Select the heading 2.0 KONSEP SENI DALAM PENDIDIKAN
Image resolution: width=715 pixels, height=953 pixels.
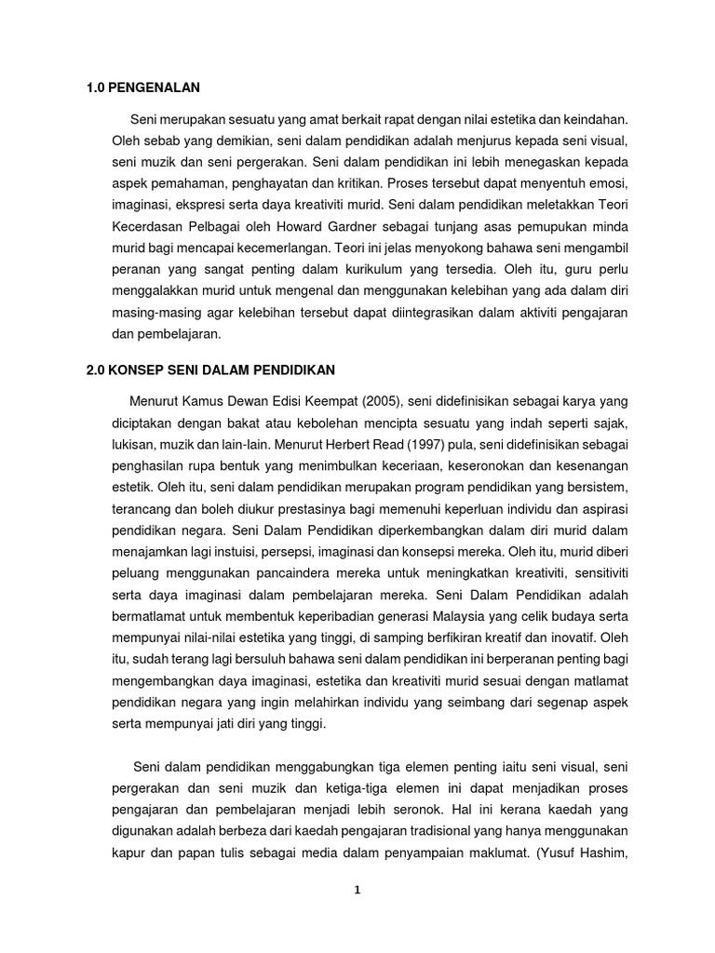tap(209, 369)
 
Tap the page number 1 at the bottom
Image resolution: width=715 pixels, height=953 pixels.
tap(357, 890)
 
